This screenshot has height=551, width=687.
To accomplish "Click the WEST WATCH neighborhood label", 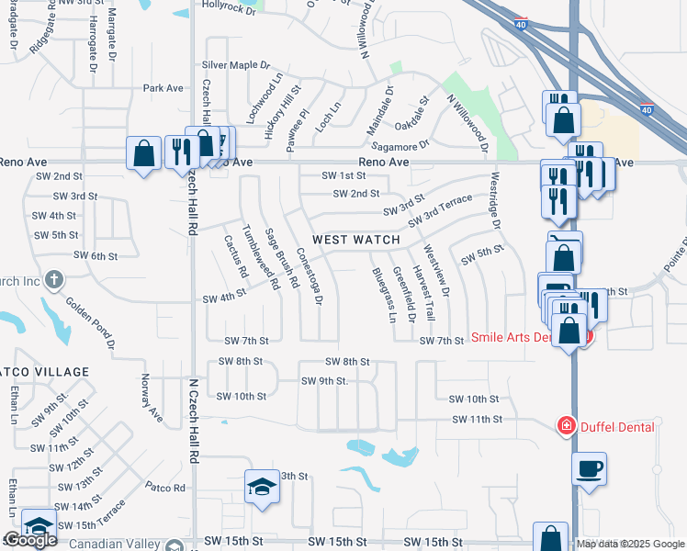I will [x=356, y=240].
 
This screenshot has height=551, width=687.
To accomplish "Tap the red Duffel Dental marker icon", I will [x=566, y=426].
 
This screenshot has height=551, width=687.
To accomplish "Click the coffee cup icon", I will [x=589, y=468].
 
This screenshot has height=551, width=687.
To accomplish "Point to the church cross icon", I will [x=54, y=279].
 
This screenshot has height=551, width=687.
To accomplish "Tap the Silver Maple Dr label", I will [x=236, y=65].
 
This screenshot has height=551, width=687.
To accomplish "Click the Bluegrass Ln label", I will [x=384, y=295].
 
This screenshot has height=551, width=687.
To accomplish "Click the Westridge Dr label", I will [x=496, y=201].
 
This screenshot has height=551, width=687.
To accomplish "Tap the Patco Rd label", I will [x=165, y=487].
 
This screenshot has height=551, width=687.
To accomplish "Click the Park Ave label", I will [x=163, y=88].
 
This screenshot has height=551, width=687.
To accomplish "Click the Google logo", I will [x=29, y=541].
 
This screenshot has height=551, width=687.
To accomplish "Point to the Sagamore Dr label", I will [x=400, y=145].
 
